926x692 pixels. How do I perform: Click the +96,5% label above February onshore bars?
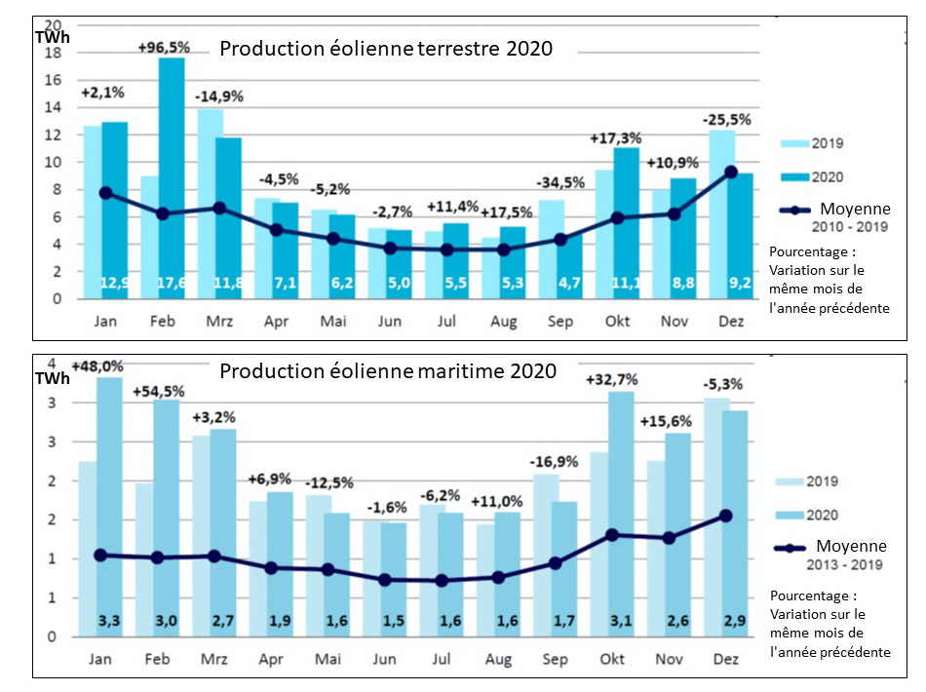[x=165, y=47]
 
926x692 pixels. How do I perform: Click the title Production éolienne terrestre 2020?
[x=386, y=49]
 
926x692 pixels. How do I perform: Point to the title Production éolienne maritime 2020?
[x=388, y=371]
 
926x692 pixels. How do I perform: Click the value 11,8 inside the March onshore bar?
[x=228, y=284]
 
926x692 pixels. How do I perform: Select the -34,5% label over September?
[x=558, y=183]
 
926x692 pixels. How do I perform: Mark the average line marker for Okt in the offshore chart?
[x=612, y=535]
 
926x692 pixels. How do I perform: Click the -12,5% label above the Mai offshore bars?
[x=328, y=482]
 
